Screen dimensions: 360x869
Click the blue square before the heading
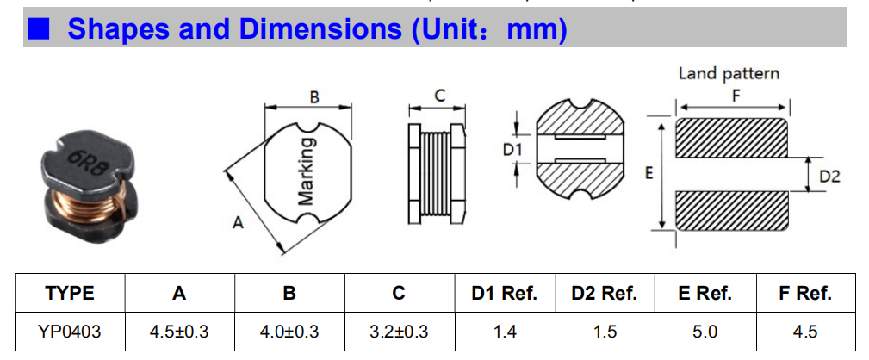point(38,29)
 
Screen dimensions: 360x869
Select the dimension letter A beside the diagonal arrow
point(239,223)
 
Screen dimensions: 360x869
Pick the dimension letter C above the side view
point(439,96)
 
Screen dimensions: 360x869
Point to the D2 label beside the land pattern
point(829,177)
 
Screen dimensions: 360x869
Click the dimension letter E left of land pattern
point(649,173)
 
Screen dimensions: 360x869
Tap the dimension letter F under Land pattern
point(735,96)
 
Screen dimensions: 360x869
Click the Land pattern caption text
point(729,73)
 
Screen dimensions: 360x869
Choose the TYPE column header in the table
point(70,293)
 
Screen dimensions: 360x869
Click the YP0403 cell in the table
point(70,331)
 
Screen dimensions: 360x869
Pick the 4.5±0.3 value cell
point(179,331)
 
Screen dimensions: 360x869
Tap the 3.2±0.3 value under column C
point(398,331)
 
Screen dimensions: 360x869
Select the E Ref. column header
point(705,293)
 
